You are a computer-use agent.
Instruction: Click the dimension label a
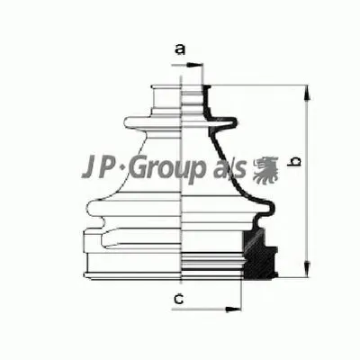pos(179,49)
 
